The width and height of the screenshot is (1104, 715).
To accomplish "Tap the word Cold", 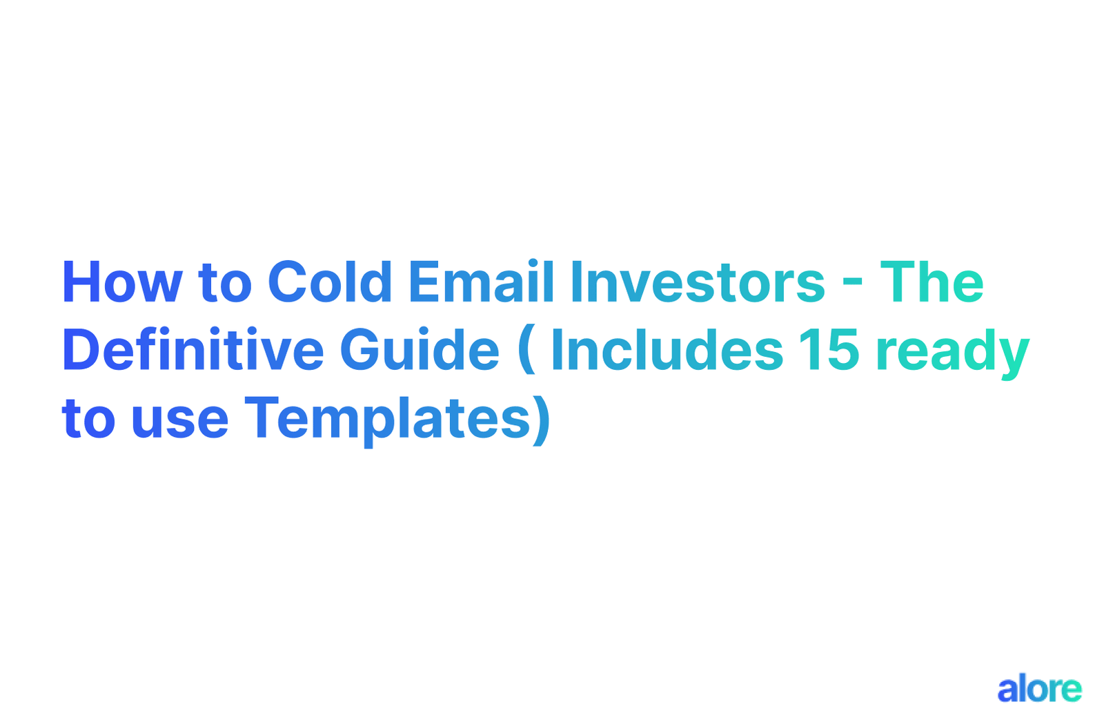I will point(330,282).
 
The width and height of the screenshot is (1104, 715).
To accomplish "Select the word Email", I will point(482,282).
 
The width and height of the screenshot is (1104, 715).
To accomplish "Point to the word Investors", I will point(698,282).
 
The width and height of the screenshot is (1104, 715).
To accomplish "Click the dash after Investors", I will point(853,284).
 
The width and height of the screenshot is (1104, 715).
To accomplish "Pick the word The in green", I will point(931,282).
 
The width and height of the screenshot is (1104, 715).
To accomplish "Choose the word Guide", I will point(420,350).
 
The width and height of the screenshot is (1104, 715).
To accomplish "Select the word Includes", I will point(667,350).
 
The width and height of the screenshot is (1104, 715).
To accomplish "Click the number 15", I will point(829,350).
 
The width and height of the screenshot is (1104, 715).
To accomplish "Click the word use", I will point(179,420).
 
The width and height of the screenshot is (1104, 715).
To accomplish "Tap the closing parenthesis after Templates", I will point(542,420).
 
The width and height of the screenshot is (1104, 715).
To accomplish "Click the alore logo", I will point(1039,689).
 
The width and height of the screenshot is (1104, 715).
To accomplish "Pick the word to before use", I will point(88,420).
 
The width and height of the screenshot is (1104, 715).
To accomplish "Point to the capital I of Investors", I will point(575,282).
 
